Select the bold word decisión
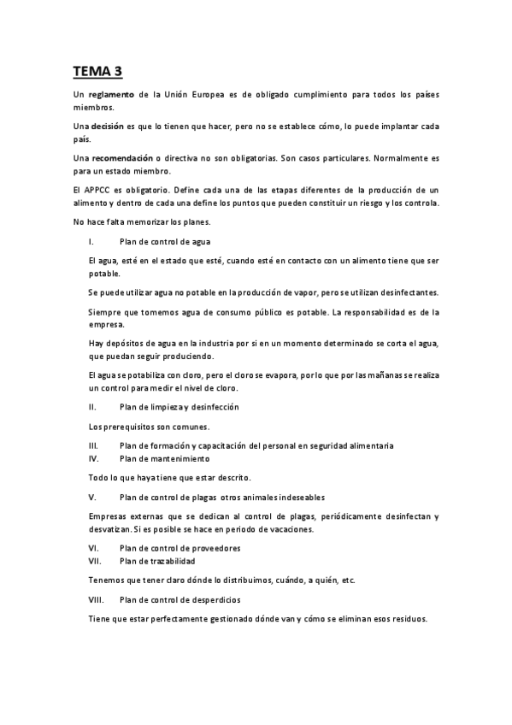pos(113,126)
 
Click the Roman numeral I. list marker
pos(91,243)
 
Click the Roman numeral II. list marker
pos(92,406)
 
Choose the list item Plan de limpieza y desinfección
pos(179,406)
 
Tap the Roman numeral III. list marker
pos(93,445)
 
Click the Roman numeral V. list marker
pos(91,497)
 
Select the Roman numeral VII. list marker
pos(95,560)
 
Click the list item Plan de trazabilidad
pos(157,560)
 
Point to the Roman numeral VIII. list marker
pos(96,599)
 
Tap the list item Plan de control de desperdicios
pos(180,599)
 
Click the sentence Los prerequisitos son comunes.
pos(149,426)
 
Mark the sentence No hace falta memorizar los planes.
pos(149,222)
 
